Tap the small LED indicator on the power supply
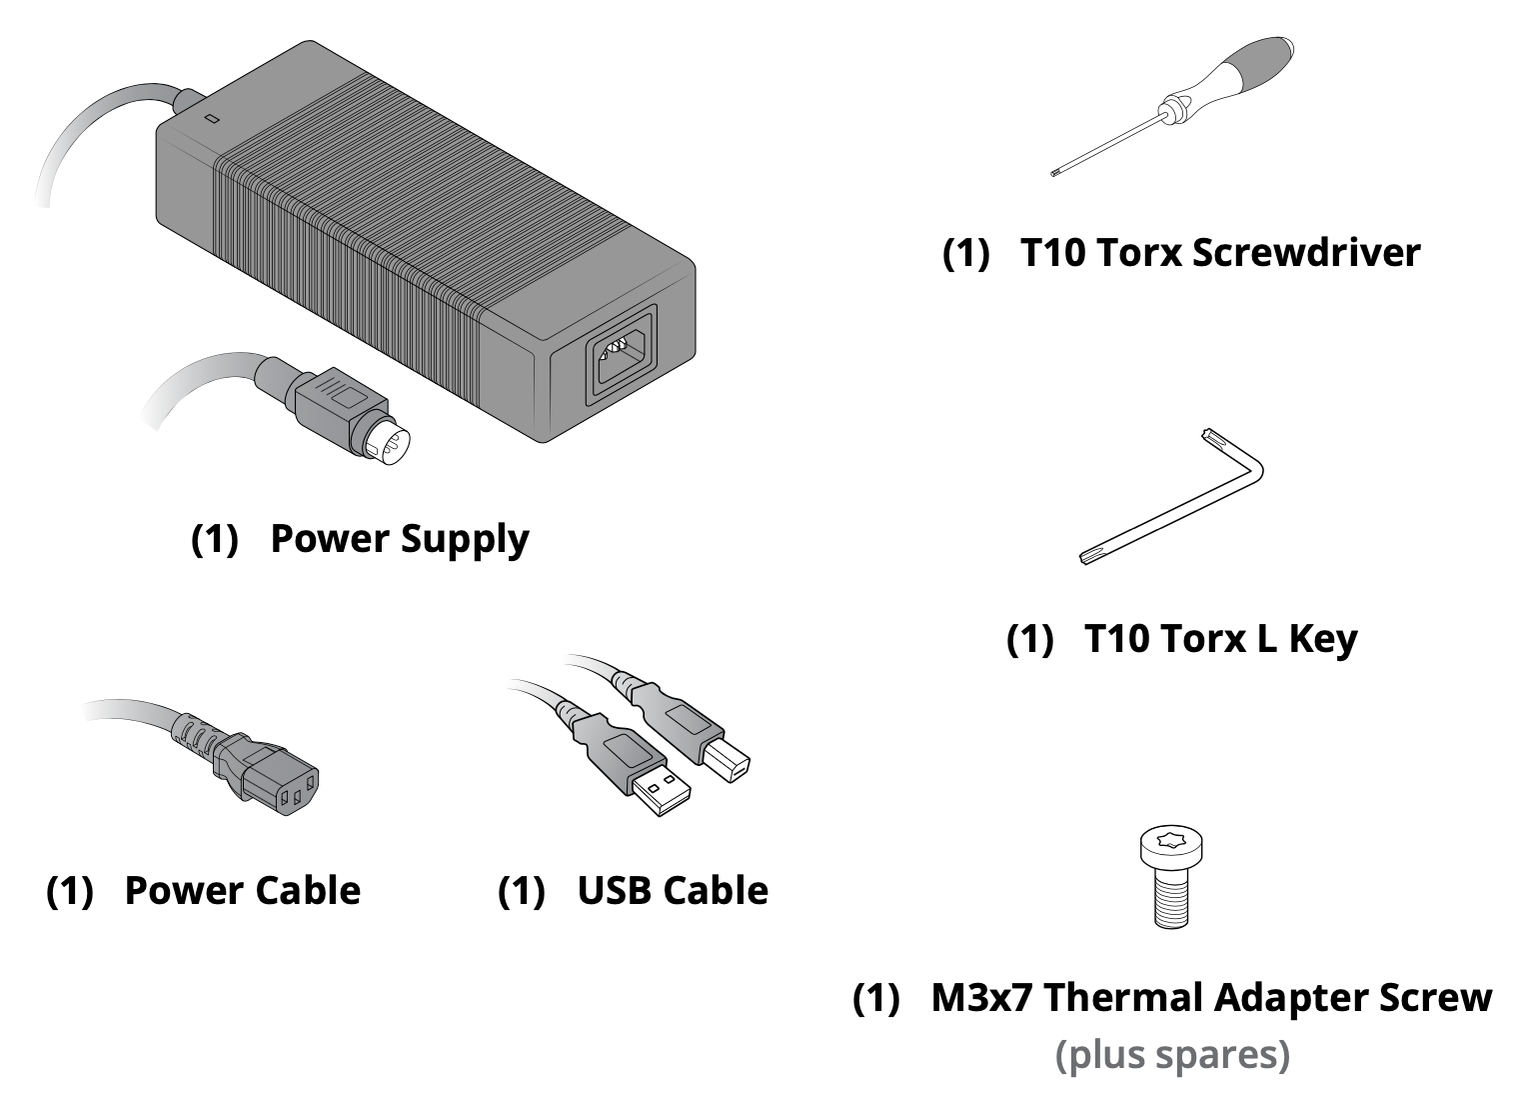click(211, 119)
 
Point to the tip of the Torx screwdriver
click(1056, 174)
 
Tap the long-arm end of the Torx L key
click(1089, 555)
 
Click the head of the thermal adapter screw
click(1170, 849)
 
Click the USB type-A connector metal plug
click(662, 791)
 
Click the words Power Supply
click(400, 539)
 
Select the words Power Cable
click(242, 890)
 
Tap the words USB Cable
click(673, 890)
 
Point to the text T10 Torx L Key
click(1220, 638)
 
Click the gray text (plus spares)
click(1172, 1055)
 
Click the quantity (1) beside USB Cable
click(522, 890)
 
